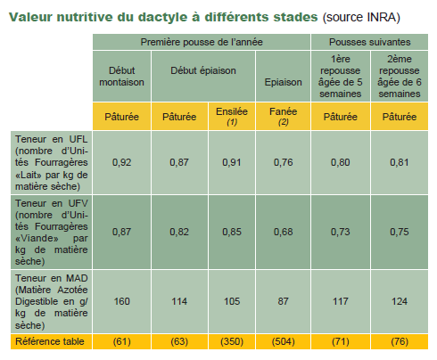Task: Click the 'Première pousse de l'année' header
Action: pos(202,42)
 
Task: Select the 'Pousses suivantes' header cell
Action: pos(369,42)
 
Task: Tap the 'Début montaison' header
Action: pos(121,77)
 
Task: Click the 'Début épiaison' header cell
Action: pos(203,77)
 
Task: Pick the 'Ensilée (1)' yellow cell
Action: pos(232,116)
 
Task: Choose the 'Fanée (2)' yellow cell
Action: pos(283,116)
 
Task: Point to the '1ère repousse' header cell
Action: pos(341,77)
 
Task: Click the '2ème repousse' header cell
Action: pos(400,77)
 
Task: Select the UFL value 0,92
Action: pos(121,162)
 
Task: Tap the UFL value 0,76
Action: pos(283,162)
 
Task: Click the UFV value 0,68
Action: pos(283,232)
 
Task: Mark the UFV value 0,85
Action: pos(232,232)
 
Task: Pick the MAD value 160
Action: pos(121,301)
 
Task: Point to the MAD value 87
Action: pos(283,301)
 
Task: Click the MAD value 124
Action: pos(400,301)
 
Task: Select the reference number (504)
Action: pos(283,341)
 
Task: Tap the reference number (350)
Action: pos(232,341)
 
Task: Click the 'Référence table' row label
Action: pos(50,341)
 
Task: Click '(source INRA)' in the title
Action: pos(361,17)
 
